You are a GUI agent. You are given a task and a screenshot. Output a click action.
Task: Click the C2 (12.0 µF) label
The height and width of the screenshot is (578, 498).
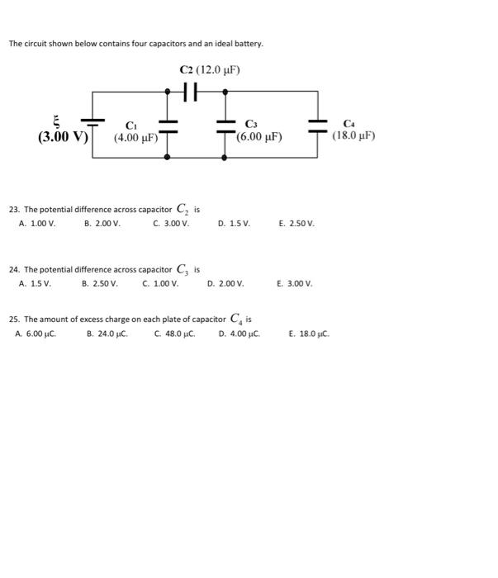pos(210,70)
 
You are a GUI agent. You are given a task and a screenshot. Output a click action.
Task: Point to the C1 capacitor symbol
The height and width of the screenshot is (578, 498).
pos(168,125)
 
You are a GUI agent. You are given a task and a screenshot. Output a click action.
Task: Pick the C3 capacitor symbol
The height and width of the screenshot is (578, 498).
pos(226,125)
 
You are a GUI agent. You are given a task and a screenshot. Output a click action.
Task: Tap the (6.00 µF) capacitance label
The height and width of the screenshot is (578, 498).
pos(259,137)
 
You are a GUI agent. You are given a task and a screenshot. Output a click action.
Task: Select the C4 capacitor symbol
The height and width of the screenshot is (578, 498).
pos(317,125)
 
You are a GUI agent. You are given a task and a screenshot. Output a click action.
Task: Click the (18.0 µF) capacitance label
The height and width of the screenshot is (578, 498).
pos(353,137)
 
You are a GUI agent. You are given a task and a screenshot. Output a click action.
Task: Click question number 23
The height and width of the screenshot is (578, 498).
pos(13,210)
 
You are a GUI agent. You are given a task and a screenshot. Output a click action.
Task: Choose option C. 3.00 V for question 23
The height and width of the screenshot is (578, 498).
pos(171,224)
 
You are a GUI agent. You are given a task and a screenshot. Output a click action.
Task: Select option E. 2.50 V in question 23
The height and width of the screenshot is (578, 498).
pos(296,224)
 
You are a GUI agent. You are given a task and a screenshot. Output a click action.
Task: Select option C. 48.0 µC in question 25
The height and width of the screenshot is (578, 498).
pos(174,334)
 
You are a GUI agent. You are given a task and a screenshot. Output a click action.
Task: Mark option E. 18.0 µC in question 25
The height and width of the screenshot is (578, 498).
pos(309,334)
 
